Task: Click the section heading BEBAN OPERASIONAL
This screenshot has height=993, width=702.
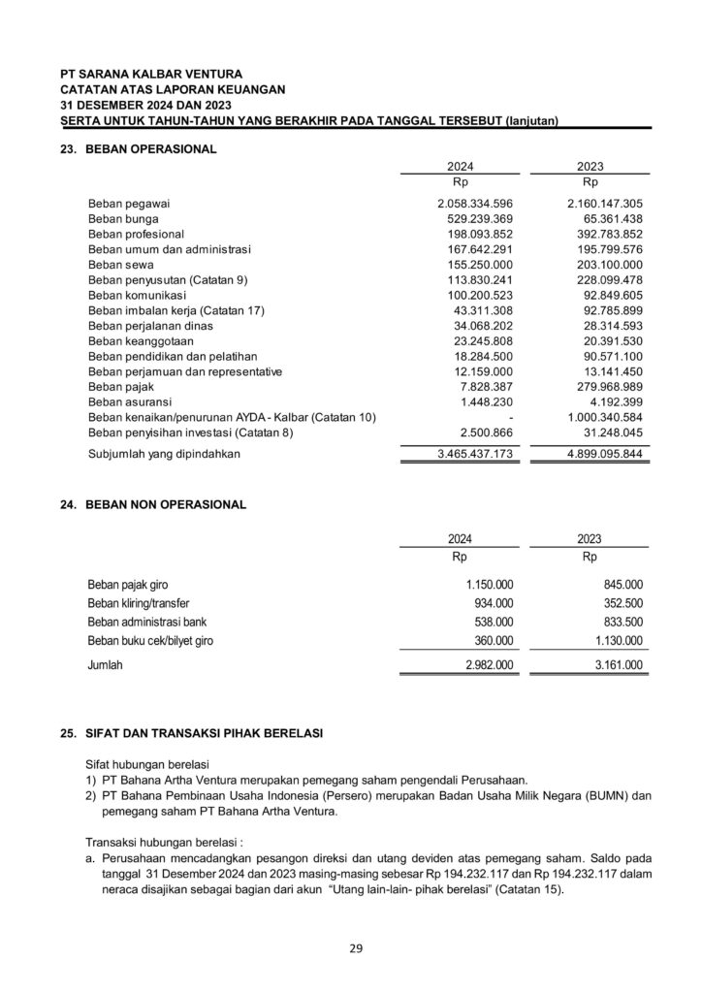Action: (x=150, y=149)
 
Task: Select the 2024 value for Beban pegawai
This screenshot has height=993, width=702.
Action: (x=475, y=205)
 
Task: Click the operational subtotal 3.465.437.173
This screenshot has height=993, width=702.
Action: (x=475, y=453)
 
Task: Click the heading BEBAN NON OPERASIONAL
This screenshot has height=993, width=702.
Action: (x=166, y=505)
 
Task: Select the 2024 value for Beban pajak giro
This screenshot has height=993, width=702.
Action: (x=490, y=585)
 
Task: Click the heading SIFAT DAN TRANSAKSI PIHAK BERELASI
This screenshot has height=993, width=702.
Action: (x=206, y=734)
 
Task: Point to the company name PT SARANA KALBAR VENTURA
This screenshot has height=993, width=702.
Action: (x=151, y=74)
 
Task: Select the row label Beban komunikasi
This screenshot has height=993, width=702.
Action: (x=136, y=295)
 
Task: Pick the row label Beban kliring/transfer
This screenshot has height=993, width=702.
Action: (x=139, y=603)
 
